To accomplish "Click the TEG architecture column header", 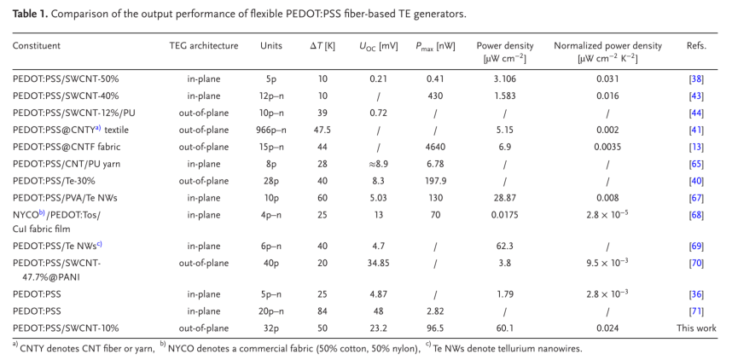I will click(x=205, y=44).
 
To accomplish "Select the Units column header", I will click(x=270, y=44).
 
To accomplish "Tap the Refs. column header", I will click(x=696, y=44).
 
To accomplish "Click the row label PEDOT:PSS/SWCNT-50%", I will click(x=65, y=78).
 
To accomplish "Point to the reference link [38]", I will click(x=696, y=78).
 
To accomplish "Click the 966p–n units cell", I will click(x=270, y=130).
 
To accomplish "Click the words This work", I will click(x=696, y=328).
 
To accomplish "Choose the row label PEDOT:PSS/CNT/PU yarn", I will click(x=71, y=163).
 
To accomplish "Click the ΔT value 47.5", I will click(x=322, y=130).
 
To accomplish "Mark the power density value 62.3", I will click(x=505, y=246).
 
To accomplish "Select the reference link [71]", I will click(x=696, y=311).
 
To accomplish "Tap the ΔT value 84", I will click(x=322, y=311).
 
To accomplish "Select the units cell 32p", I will click(x=270, y=328).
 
